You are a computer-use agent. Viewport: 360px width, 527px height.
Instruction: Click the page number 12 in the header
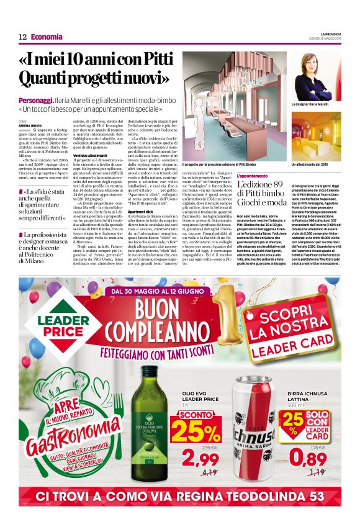click(x=22, y=37)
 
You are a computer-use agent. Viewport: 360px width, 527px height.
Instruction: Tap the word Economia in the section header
click(x=47, y=37)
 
